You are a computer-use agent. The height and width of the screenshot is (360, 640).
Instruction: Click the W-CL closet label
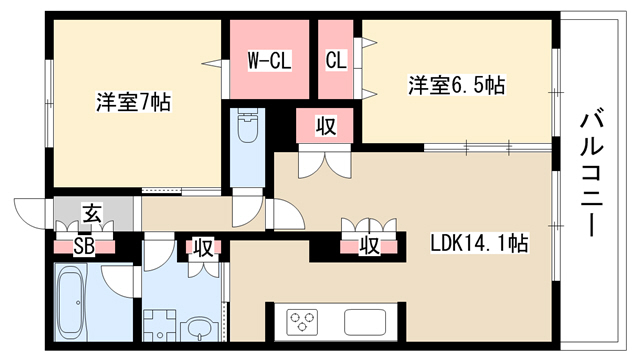tap(269, 61)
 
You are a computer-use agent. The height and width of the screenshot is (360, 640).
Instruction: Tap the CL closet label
tap(336, 60)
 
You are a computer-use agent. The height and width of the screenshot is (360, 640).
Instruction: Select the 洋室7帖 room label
tap(133, 102)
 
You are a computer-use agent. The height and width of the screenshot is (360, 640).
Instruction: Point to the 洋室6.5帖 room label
tap(457, 85)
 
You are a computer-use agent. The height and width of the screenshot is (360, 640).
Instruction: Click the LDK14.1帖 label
tap(480, 243)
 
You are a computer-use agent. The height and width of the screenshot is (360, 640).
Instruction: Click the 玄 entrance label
tap(93, 214)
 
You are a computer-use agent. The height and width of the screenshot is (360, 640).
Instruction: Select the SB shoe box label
tap(84, 247)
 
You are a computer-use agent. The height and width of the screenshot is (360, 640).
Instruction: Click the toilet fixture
tap(246, 125)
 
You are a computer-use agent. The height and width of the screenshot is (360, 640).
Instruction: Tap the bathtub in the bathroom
tap(73, 302)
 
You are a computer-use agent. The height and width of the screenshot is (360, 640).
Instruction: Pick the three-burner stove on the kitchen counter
tap(302, 320)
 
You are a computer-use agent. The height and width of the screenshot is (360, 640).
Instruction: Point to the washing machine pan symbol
tap(160, 325)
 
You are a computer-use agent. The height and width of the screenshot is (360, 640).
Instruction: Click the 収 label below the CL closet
tap(326, 127)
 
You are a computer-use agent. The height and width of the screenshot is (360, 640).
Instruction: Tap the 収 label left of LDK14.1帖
tap(369, 246)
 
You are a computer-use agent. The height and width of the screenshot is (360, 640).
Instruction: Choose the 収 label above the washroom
tap(203, 247)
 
